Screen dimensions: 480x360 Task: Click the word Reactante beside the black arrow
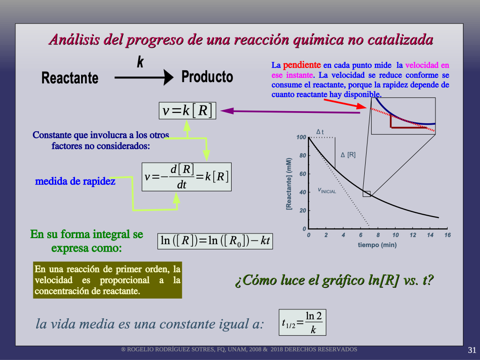point(70,78)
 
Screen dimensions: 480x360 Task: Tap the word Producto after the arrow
point(207,76)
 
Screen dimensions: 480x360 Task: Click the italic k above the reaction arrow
point(140,62)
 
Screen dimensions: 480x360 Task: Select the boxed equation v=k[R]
point(187,111)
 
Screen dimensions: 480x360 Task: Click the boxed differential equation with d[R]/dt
point(187,177)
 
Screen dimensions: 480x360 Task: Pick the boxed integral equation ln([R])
point(215,241)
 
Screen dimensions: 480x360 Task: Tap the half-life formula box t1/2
point(302,322)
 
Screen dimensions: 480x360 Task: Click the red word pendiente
point(302,65)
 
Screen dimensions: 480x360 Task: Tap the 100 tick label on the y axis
point(301,137)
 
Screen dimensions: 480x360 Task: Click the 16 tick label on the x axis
point(448,235)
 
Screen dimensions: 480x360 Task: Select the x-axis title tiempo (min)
point(377,245)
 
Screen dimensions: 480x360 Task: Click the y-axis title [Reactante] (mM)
point(289,184)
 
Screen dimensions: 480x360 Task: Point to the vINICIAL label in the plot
point(327,190)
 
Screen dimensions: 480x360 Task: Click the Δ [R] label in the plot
point(348,155)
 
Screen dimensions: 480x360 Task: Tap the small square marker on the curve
point(367,194)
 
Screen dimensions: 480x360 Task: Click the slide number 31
point(472,350)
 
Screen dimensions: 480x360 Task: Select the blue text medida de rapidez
point(75,181)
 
